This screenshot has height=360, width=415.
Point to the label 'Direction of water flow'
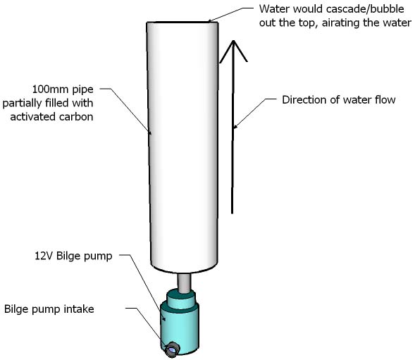338,99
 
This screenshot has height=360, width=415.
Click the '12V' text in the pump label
44,256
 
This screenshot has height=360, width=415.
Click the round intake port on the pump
172,347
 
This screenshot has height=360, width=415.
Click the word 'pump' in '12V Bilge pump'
99,256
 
